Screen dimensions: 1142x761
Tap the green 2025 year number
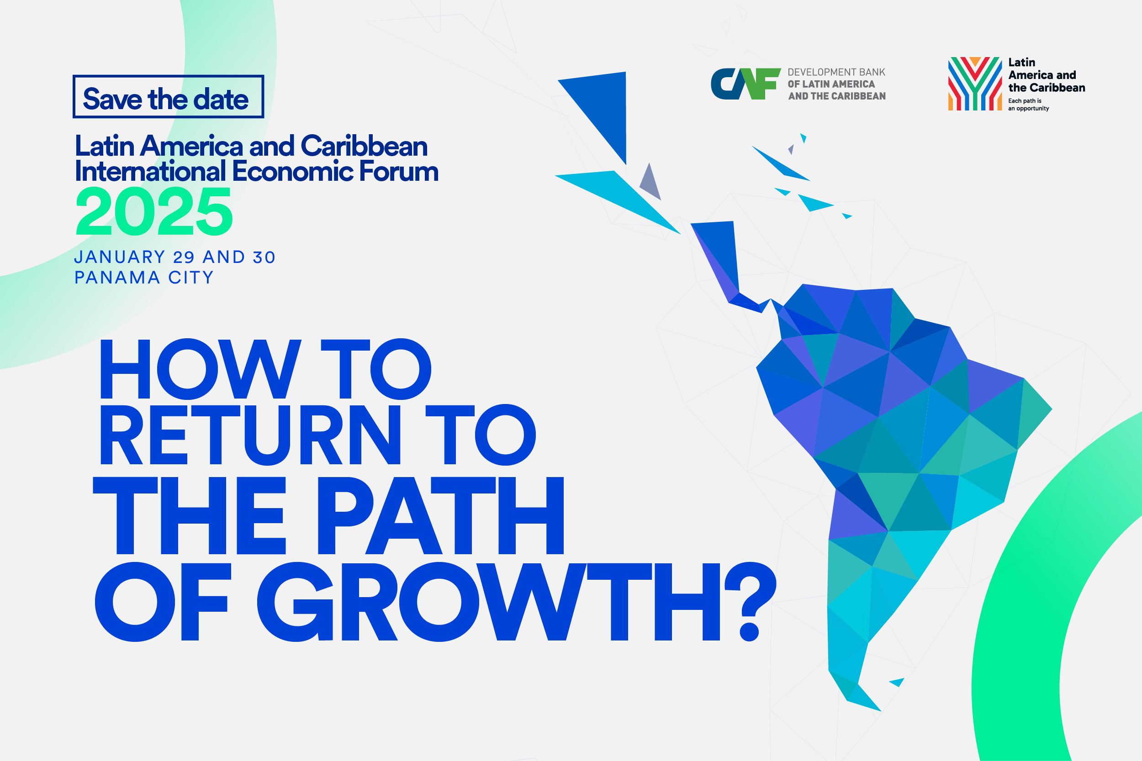coord(154,212)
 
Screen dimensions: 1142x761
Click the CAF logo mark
coord(746,84)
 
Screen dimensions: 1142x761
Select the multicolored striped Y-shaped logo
coord(975,84)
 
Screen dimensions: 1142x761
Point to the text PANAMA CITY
coord(144,278)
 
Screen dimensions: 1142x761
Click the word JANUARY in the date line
coord(119,257)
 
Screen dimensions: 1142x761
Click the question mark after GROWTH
coord(751,602)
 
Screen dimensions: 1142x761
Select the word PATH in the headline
coord(440,515)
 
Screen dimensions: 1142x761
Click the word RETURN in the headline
coord(250,436)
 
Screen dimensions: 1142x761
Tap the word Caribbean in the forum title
coord(364,146)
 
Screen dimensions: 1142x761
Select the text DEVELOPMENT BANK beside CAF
coord(836,72)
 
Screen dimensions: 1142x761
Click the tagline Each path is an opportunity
coord(1028,105)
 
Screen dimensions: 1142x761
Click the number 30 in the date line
coord(264,257)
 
